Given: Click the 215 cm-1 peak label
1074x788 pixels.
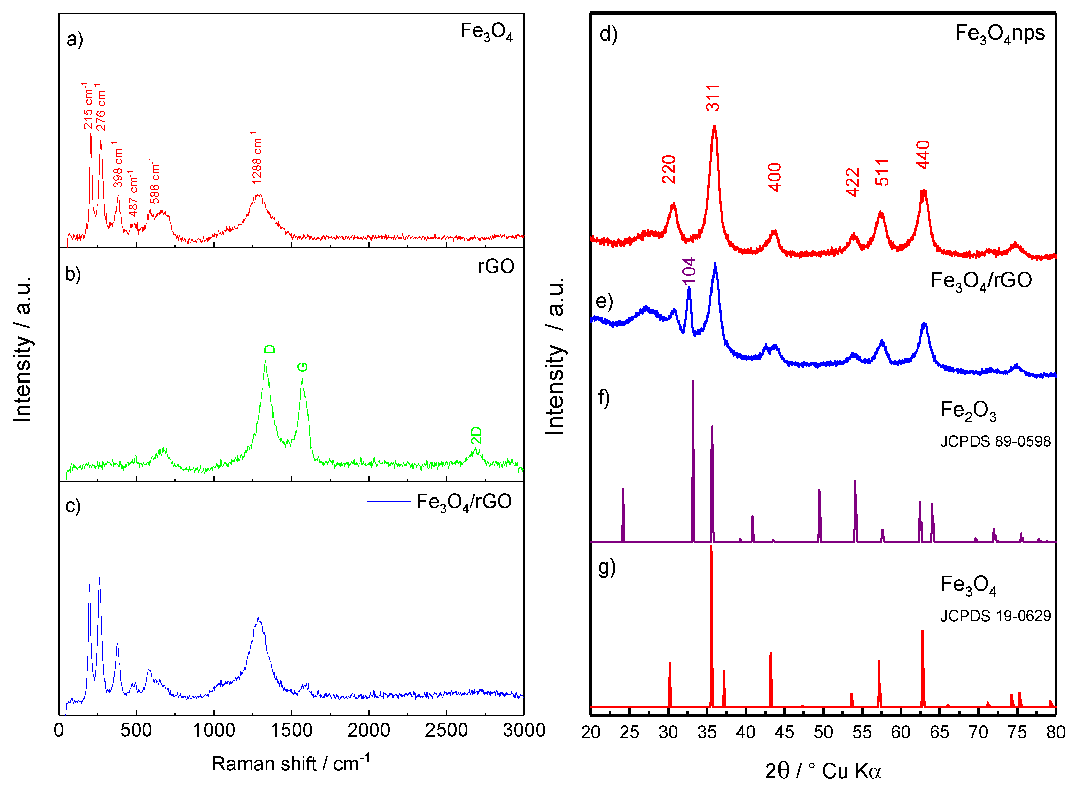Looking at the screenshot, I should point(88,106).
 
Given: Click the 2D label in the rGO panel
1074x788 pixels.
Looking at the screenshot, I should point(476,436).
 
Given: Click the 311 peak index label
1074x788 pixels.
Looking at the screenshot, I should point(713,98).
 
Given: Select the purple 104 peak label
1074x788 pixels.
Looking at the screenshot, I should point(689,271).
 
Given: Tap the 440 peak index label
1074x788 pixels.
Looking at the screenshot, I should point(923,155).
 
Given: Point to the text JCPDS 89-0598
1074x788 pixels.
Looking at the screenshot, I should point(995,442).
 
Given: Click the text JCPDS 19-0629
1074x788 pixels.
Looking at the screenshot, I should point(995,616).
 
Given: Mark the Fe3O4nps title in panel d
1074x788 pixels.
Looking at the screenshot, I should point(1000,33).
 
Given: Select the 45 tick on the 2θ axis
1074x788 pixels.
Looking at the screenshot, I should point(784,732).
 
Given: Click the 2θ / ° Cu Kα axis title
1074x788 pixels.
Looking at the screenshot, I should point(823,771).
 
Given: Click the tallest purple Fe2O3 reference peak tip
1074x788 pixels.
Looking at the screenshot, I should point(693,381).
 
